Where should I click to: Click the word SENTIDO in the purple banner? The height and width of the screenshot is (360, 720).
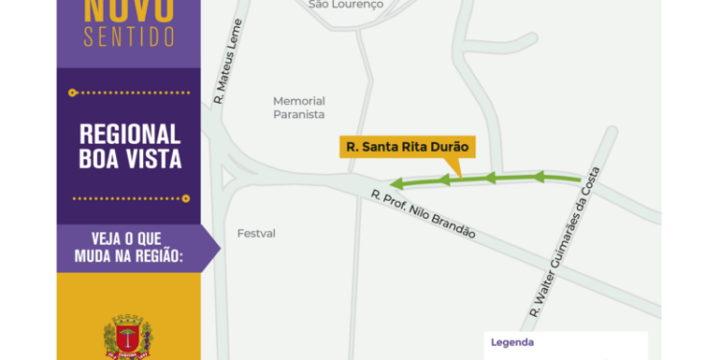[129, 37]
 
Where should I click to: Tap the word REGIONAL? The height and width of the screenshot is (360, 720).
[130, 134]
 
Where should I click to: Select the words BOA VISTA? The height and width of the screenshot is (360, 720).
[130, 159]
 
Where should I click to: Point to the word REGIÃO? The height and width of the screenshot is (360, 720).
[154, 256]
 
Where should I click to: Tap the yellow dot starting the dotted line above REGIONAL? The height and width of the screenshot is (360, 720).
[73, 93]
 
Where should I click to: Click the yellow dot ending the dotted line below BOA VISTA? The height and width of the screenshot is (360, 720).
[186, 199]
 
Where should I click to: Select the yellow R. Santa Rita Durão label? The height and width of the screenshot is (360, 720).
[408, 148]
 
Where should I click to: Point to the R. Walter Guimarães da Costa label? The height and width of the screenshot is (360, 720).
[564, 246]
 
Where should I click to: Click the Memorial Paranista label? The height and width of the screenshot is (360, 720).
[299, 108]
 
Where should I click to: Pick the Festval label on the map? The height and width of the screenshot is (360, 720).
[256, 233]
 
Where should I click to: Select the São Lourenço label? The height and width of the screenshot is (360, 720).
[346, 5]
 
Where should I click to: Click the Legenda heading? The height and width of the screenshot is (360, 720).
[512, 343]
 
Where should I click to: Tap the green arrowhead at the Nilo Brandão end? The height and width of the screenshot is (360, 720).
[396, 182]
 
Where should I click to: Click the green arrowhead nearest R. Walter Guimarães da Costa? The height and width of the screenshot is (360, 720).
[540, 176]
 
